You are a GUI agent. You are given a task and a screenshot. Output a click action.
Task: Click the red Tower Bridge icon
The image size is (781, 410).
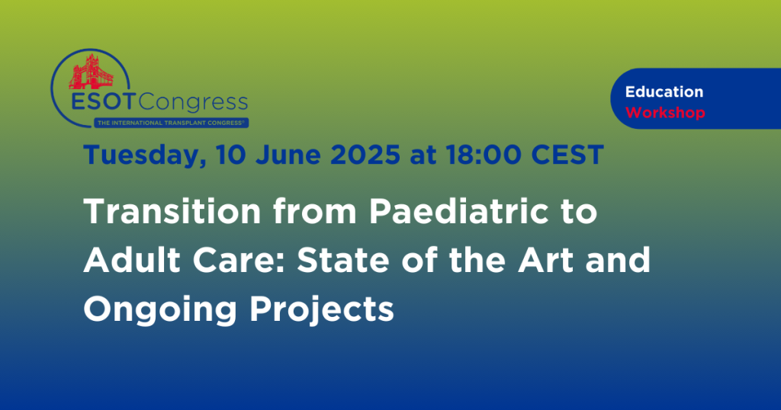click(92, 72)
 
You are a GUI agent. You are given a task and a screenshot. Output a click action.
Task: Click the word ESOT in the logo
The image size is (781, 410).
click(103, 102)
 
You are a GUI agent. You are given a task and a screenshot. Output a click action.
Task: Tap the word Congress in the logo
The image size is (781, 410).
click(193, 103)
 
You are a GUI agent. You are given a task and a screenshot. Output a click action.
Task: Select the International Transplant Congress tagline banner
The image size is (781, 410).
click(172, 123)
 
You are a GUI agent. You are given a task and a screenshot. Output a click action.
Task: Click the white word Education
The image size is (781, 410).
click(664, 91)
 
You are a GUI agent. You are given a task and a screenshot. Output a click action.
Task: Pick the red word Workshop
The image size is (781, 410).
click(665, 113)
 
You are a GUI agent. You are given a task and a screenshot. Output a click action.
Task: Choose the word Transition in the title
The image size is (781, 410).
click(172, 211)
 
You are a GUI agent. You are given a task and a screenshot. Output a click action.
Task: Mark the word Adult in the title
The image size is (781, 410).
click(132, 259)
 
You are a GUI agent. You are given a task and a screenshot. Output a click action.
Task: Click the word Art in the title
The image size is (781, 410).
click(545, 259)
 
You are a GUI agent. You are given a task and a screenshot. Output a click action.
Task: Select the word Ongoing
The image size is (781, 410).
click(160, 309)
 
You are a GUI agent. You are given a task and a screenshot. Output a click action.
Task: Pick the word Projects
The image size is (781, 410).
click(322, 309)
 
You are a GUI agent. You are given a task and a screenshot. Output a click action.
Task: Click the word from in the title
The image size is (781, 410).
click(315, 211)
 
